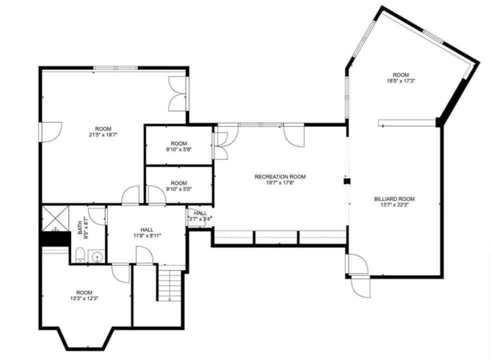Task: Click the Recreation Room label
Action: click(279, 176)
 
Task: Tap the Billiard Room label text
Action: click(394, 199)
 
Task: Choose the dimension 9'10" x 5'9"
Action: click(178, 149)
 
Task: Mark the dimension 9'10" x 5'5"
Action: click(178, 189)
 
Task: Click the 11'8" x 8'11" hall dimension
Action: click(147, 235)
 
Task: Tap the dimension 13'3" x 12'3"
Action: click(84, 298)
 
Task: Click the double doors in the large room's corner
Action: click(178, 93)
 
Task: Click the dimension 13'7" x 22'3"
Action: click(394, 205)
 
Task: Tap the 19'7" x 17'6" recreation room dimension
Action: click(279, 183)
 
